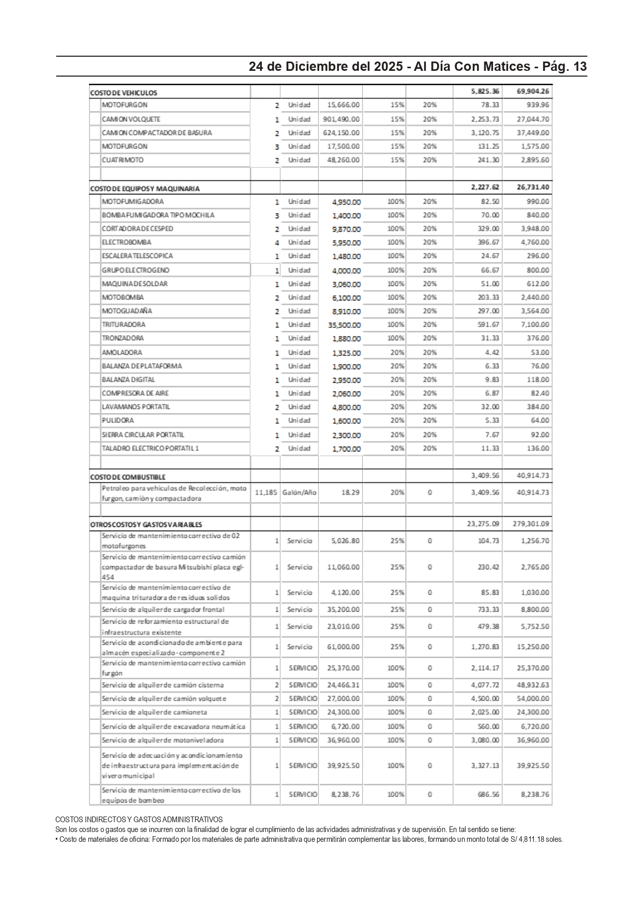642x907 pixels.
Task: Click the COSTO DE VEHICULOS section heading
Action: (x=124, y=93)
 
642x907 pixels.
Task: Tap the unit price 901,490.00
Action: (x=341, y=119)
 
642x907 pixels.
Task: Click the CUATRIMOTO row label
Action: (x=123, y=160)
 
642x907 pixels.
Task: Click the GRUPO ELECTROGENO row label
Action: (x=135, y=270)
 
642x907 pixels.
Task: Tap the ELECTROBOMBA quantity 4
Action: (x=277, y=243)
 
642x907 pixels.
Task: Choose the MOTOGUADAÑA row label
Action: (x=127, y=311)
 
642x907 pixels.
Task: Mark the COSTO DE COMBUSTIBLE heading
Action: (x=127, y=477)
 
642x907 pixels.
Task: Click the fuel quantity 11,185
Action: (x=266, y=492)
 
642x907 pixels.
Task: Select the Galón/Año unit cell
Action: (x=299, y=492)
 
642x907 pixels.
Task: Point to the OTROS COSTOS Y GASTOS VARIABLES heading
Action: (x=146, y=524)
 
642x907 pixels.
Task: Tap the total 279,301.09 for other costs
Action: (x=531, y=524)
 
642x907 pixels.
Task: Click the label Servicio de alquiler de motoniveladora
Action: (x=162, y=740)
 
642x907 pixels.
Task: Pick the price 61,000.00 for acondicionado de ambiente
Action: (x=343, y=647)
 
